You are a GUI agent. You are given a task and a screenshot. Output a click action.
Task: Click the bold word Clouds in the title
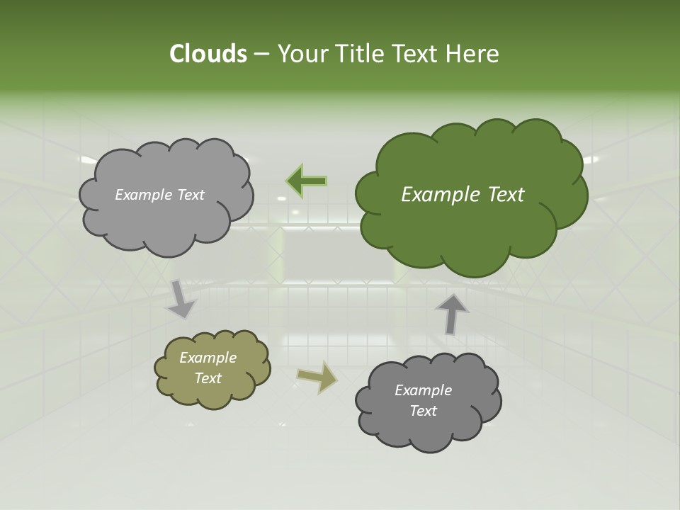tap(208, 54)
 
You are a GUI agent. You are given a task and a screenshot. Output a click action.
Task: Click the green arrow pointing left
tap(307, 181)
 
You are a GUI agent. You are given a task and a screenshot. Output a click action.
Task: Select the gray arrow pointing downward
tap(181, 299)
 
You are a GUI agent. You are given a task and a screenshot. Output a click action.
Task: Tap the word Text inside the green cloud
tap(505, 195)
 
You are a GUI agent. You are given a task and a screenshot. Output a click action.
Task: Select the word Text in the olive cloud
tap(208, 378)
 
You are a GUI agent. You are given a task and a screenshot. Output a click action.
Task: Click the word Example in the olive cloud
tap(208, 358)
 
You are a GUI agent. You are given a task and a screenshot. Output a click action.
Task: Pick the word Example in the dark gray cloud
tap(423, 390)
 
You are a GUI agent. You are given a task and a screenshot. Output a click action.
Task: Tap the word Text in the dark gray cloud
tap(423, 411)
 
